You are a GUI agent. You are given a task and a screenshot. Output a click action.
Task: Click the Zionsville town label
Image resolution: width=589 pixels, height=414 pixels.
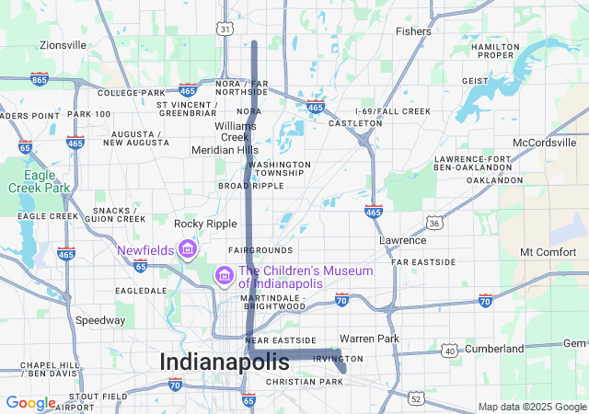click(x=63, y=44)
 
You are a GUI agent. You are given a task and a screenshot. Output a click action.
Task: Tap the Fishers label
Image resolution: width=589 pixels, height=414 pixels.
click(x=412, y=31)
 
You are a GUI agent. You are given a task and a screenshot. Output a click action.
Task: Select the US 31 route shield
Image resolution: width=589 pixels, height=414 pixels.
click(x=225, y=29)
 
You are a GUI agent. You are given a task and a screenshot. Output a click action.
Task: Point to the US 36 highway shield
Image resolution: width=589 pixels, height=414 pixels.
click(x=433, y=223)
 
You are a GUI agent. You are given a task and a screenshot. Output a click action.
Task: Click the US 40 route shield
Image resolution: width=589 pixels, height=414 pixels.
click(x=449, y=350)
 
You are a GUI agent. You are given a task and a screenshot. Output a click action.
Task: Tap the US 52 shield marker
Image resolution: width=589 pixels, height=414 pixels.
click(x=416, y=398)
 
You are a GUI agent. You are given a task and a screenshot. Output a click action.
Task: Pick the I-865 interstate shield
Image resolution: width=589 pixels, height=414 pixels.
click(x=39, y=79)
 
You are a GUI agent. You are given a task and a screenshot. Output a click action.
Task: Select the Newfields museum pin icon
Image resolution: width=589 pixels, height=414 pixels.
click(x=188, y=249)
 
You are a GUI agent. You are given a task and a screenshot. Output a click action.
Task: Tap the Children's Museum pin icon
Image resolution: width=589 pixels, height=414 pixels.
click(x=224, y=275)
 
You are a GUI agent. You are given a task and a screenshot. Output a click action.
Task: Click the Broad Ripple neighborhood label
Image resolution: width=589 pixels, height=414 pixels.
click(x=250, y=185)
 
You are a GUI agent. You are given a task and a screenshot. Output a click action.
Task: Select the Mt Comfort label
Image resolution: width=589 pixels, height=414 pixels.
click(x=548, y=251)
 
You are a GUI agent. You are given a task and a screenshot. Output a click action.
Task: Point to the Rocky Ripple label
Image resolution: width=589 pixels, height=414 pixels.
click(x=205, y=223)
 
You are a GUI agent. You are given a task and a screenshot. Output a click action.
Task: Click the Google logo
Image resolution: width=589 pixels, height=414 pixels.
click(x=30, y=403)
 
